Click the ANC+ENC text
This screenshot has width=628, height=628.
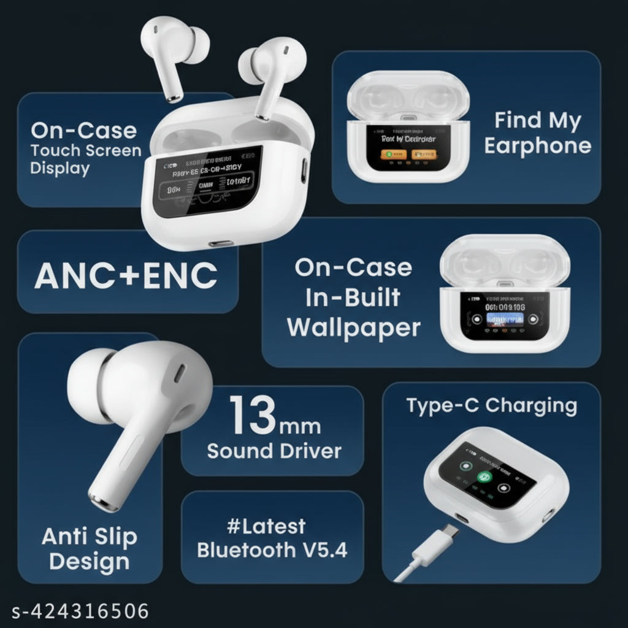126,276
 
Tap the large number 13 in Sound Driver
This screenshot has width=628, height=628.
253,415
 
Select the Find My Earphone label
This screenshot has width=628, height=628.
537,133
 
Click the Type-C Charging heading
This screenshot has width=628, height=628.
491,406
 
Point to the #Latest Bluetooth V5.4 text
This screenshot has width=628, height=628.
272,538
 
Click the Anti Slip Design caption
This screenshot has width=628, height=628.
90,549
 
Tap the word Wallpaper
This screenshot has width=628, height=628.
354,328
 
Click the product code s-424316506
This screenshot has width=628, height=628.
80,611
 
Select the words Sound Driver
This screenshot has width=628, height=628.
274,451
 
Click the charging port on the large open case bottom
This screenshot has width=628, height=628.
221,243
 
